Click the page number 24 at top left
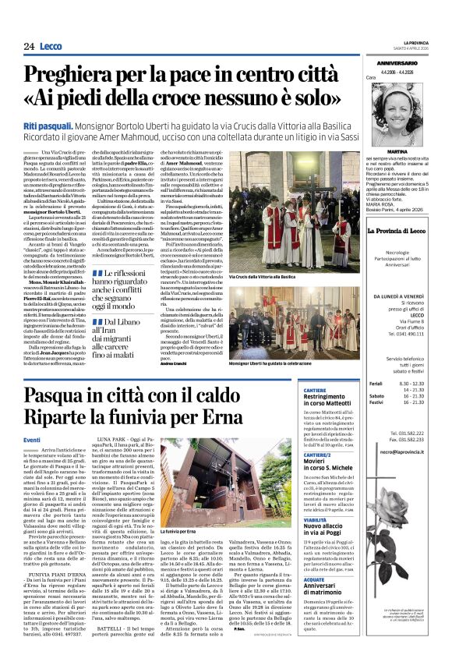pos(29,47)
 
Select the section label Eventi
pos(32,441)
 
